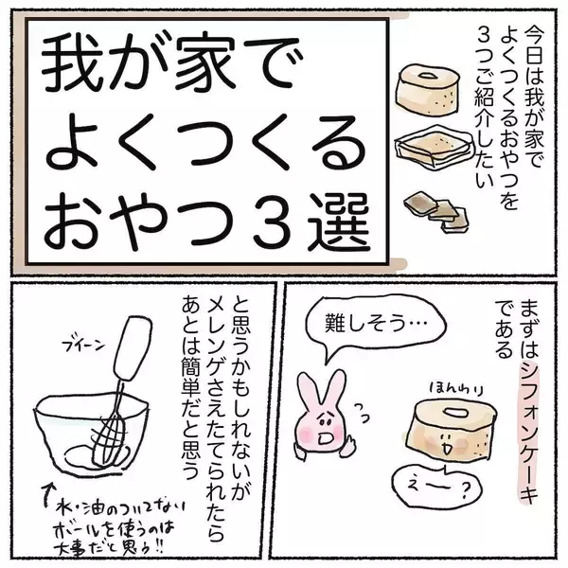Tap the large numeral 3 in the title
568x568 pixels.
click(x=273, y=222)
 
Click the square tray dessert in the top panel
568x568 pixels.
click(x=434, y=149)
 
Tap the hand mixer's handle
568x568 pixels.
click(x=133, y=348)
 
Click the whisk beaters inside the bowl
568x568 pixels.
click(x=109, y=437)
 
